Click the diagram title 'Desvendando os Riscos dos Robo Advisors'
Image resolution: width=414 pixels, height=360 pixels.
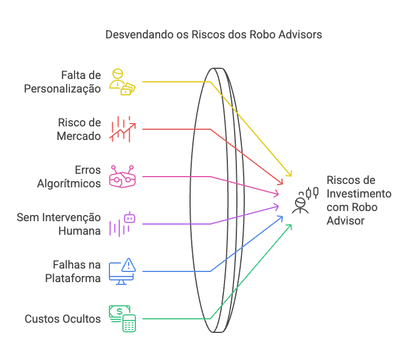(x=214, y=34)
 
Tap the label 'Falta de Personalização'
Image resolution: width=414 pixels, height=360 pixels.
(x=62, y=82)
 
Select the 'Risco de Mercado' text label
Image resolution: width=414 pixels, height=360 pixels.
(x=79, y=129)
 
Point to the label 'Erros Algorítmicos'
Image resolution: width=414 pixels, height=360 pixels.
(x=69, y=177)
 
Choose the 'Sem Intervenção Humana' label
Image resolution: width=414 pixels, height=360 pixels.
(x=59, y=224)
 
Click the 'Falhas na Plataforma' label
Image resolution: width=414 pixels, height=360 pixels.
(x=74, y=271)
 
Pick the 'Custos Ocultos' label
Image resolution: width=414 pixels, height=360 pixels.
(x=63, y=319)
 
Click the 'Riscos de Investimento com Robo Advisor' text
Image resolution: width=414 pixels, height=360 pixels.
(x=359, y=200)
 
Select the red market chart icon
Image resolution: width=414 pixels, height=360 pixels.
(x=122, y=129)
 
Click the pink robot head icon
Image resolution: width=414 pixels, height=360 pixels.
(x=122, y=176)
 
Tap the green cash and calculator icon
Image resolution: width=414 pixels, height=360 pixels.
(x=122, y=318)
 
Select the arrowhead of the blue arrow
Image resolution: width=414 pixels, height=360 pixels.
(x=281, y=217)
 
